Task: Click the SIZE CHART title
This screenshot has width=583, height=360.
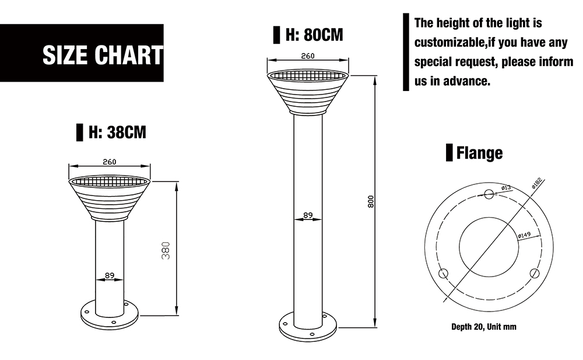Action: pos(103,55)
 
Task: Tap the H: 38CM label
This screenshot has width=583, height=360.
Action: pos(117,132)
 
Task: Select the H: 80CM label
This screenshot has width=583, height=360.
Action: pos(314,34)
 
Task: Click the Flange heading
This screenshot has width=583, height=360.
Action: pos(479,153)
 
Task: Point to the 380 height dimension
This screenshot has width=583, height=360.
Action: pos(166,250)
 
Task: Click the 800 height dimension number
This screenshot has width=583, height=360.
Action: pos(371,201)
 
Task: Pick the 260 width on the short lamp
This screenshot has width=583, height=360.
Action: pos(110,162)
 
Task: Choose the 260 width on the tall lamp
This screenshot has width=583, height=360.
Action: pos(308,56)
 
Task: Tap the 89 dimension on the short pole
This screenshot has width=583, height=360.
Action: pos(110,275)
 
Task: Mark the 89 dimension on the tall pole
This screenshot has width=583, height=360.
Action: pos(308,215)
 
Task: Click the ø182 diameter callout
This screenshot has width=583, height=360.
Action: pos(538,184)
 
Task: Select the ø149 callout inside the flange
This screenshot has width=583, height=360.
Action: pos(524,235)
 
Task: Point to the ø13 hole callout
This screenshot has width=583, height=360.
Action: pos(506,188)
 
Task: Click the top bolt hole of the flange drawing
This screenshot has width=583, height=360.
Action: pos(489,194)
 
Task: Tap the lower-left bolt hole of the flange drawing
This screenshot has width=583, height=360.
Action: pos(444,274)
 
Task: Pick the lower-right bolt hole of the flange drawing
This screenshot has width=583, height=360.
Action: pos(535,274)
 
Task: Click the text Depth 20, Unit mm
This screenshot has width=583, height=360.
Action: pos(484,327)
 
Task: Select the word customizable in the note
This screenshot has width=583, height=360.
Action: pos(449,43)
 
